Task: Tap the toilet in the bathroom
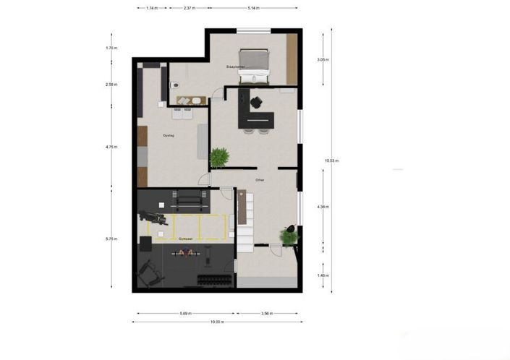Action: click(x=174, y=85)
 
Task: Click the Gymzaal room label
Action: click(x=185, y=237)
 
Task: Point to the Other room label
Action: click(x=260, y=180)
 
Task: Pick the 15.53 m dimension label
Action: click(x=332, y=160)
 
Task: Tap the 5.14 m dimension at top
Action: click(x=252, y=8)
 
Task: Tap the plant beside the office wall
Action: click(x=219, y=157)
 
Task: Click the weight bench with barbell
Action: click(x=185, y=253)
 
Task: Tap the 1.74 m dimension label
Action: click(x=152, y=8)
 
